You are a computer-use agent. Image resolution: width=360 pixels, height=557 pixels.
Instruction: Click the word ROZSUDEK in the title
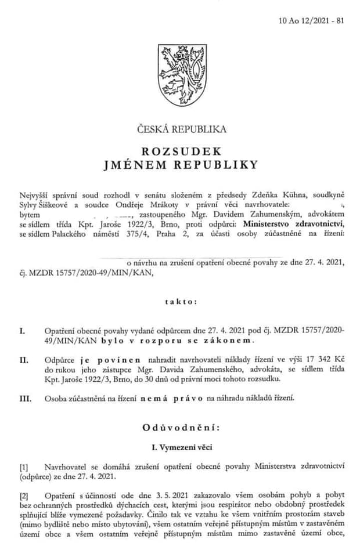[x=181, y=151]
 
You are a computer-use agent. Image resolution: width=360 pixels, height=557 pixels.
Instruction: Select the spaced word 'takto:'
[x=181, y=302]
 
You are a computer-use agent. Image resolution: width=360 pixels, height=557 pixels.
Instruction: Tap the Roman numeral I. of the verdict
[x=23, y=331]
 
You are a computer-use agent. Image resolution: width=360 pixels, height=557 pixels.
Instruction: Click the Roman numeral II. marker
[x=24, y=360]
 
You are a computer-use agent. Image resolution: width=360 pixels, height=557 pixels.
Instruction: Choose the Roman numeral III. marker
[x=25, y=397]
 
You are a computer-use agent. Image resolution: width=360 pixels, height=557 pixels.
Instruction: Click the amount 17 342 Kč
[x=318, y=360]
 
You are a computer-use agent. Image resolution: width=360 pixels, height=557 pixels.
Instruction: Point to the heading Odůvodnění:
[x=181, y=428]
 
